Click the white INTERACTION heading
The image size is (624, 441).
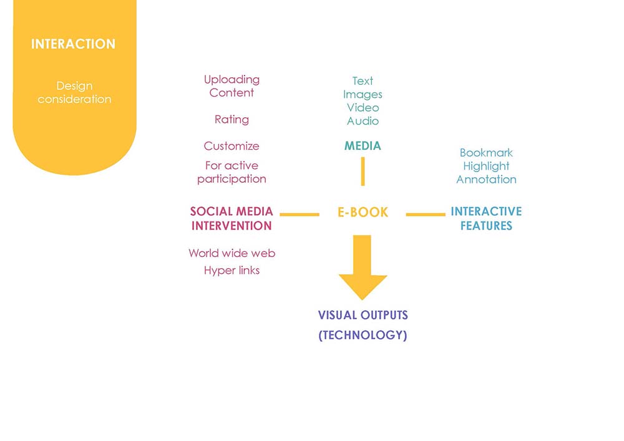coord(73,44)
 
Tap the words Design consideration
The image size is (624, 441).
coord(74,92)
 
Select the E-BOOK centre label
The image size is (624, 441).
coord(363,212)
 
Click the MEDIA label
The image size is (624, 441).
coord(363,146)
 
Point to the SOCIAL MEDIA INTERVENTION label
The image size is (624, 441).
coord(232,218)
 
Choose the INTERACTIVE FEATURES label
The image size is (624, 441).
coord(486,218)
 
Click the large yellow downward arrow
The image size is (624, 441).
coord(362,267)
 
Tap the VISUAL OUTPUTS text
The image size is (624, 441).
coord(363,316)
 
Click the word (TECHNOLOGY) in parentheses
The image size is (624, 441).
coord(363,335)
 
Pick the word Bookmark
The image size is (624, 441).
coord(486,153)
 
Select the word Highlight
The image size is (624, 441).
coord(486,166)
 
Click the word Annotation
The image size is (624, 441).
coord(486,180)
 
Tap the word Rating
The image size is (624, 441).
coord(232,120)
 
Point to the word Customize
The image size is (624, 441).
coord(232,146)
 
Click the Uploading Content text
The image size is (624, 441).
coord(232,86)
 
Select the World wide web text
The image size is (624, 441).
coord(232,253)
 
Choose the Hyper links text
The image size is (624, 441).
coord(232,271)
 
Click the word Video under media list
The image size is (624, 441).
coord(363,108)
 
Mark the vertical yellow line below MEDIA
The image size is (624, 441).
coord(363,172)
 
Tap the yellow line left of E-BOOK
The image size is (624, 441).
coord(300,215)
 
